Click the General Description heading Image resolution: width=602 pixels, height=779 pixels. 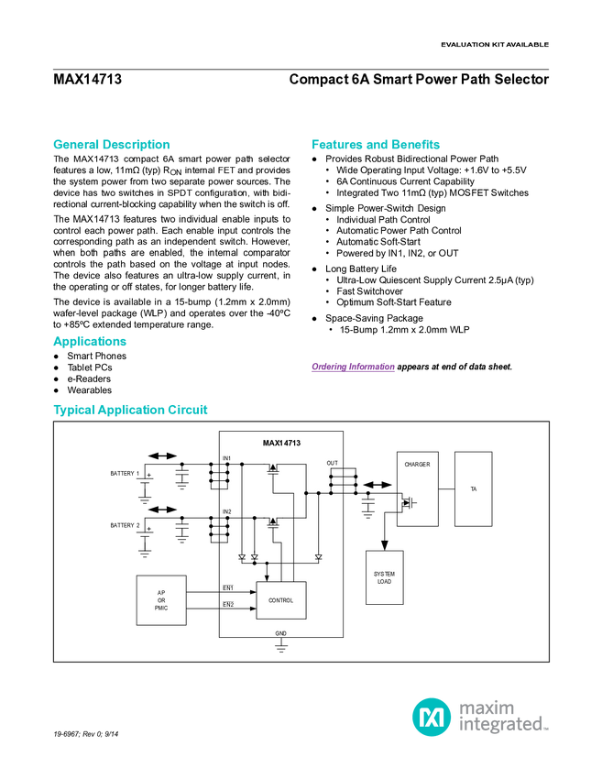coord(111,145)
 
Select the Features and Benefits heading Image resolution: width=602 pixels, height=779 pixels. coord(376,145)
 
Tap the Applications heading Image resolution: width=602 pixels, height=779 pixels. coord(89,342)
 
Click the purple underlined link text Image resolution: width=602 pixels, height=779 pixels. coord(352,368)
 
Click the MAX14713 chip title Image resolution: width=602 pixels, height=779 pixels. coord(281,444)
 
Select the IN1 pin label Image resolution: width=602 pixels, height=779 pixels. coord(226,458)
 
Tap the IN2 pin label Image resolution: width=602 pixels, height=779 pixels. coord(226,511)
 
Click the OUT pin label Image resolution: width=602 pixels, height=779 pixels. coord(332,464)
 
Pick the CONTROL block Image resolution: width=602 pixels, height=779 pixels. coord(280,600)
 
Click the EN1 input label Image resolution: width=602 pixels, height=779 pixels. coord(228,587)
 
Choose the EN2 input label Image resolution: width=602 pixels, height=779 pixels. coord(228,605)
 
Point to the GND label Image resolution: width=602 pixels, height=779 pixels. coord(280,633)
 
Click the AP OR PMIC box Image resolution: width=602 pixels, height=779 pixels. coord(161,600)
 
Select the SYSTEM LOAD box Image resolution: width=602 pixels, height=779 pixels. coord(384,577)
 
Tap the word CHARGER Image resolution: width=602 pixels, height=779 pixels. coord(417,465)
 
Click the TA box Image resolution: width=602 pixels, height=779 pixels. coord(473,488)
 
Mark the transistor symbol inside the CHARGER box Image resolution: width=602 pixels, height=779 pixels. coord(406,502)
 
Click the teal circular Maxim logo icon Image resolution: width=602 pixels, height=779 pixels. coord(431,716)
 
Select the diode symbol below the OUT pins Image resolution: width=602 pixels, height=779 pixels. coord(318,556)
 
